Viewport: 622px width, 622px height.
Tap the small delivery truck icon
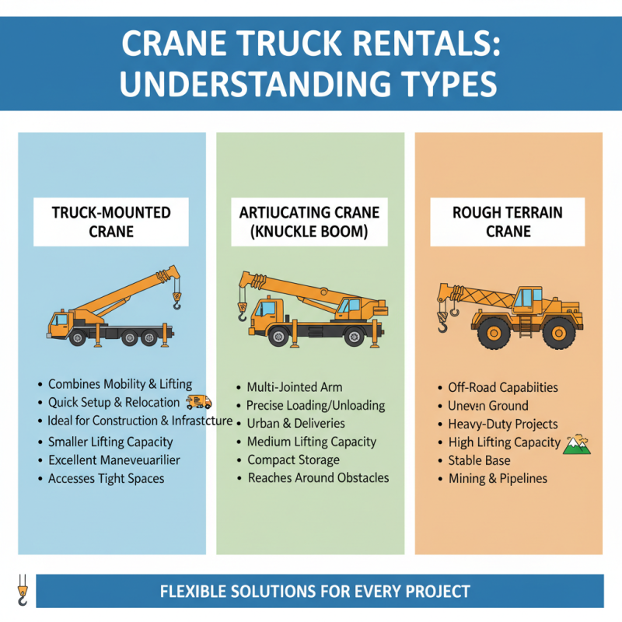199,402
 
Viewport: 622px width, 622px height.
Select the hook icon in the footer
22,590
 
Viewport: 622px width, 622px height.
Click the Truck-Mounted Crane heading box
111,222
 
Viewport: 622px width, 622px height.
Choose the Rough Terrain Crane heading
508,222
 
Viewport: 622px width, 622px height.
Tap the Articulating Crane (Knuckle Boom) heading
309,222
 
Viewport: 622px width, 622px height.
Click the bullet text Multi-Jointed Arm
294,387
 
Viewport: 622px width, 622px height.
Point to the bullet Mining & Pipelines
498,479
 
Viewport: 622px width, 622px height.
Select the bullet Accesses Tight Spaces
106,479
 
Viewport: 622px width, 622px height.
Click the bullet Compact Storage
293,460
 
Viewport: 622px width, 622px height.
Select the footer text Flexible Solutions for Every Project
315,592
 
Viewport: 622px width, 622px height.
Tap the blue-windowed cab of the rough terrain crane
528,299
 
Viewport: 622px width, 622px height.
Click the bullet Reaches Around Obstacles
318,478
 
